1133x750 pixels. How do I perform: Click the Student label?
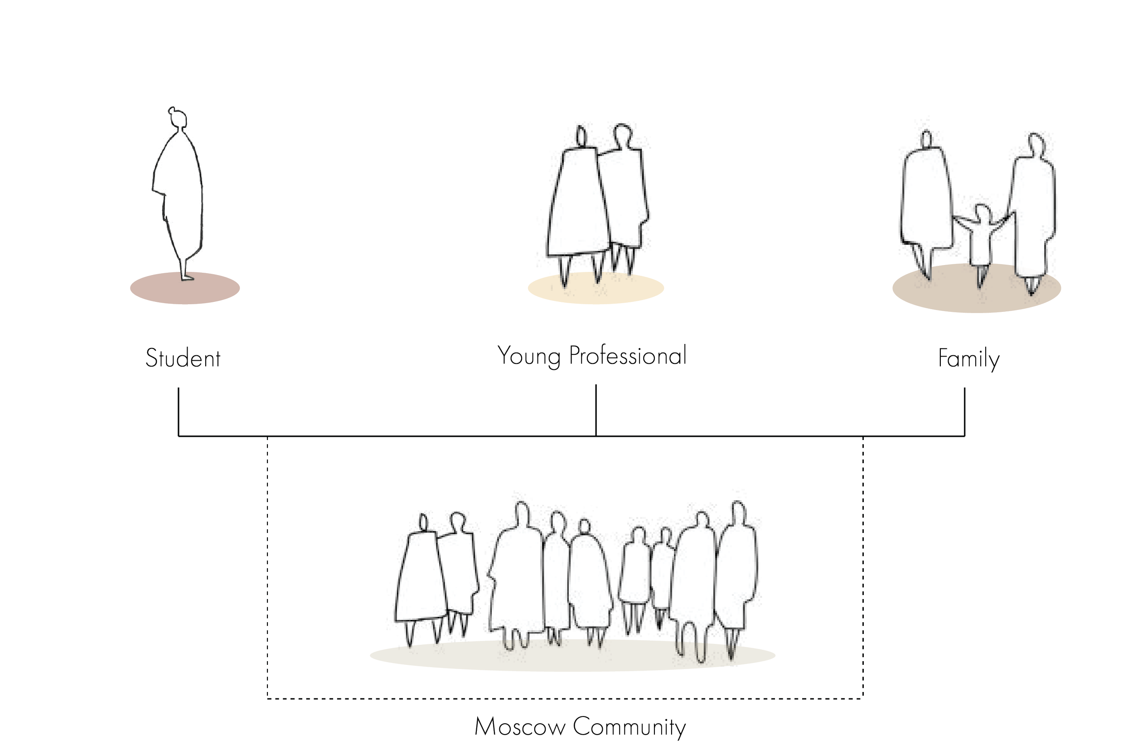183,359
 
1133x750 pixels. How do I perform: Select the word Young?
529,357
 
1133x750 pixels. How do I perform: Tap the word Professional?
627,356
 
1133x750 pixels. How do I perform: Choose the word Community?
629,727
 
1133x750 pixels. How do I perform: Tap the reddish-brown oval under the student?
184,289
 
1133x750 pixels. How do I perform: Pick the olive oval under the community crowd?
572,657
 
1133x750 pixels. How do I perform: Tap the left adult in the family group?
924,201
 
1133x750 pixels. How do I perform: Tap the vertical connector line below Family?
964,411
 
